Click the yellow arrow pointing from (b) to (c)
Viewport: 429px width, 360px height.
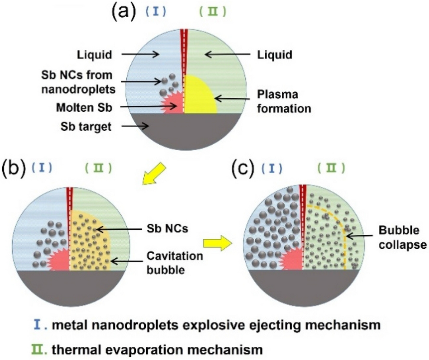[x=217, y=243]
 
